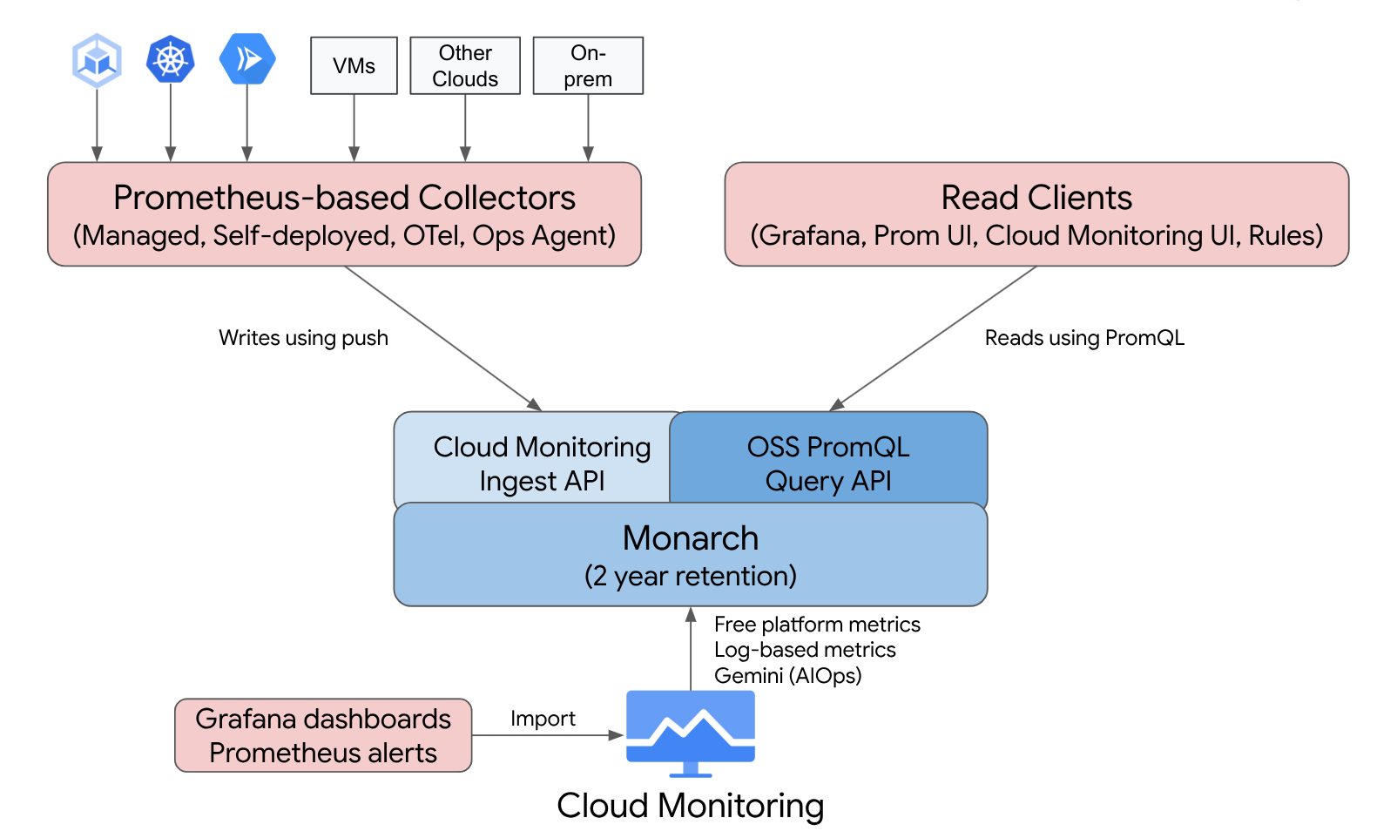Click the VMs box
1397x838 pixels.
coord(354,65)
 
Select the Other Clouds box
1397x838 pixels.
coord(465,65)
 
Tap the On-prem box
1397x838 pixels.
coord(588,65)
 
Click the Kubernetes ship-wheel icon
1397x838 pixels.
coord(170,60)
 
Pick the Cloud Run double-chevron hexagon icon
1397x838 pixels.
coord(247,59)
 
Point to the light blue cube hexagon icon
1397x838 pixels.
coord(97,60)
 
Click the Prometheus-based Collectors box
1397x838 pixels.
coord(344,214)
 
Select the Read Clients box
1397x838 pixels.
coord(1036,214)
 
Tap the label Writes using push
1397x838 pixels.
coord(303,338)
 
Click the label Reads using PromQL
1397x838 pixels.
coord(1084,338)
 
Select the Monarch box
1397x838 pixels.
coord(690,556)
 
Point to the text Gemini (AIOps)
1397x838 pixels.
coord(787,675)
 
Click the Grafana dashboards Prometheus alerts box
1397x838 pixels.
coord(323,735)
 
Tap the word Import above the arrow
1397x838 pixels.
coord(543,719)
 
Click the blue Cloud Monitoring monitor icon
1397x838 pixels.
coord(691,732)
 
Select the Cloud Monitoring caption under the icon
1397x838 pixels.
coord(690,806)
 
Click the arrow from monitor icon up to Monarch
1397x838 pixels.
coord(691,649)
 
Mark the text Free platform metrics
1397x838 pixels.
coord(817,625)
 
